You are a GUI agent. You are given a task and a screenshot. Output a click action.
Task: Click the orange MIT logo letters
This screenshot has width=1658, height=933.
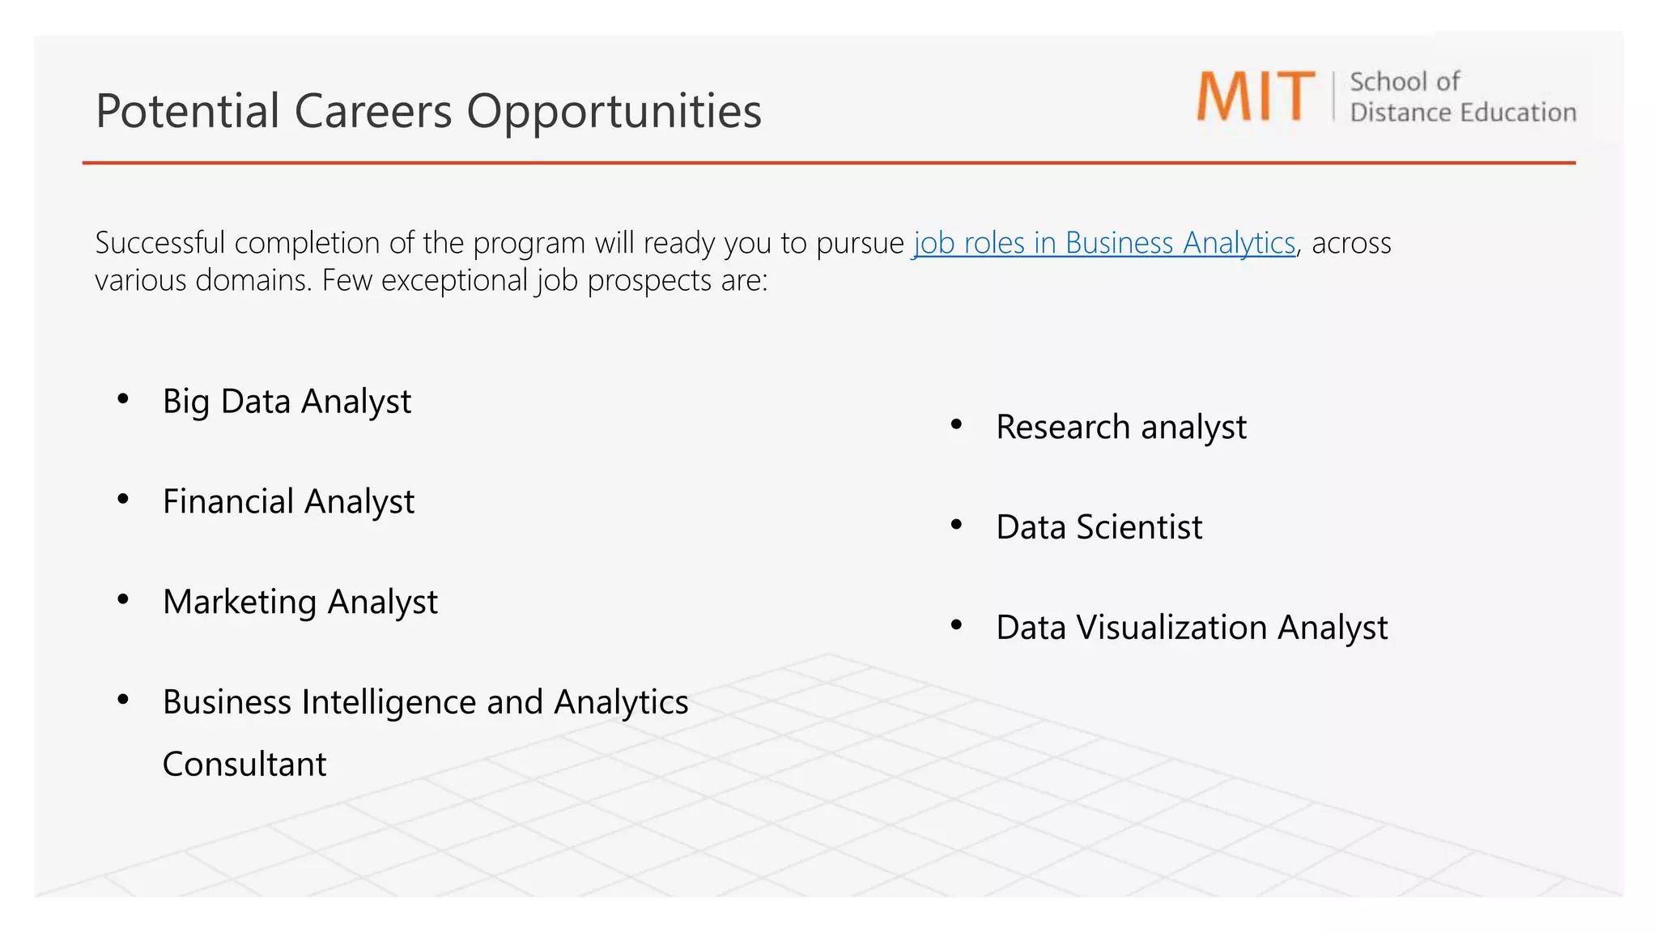point(1255,96)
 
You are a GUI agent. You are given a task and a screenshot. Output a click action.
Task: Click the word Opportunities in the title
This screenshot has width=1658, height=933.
point(614,111)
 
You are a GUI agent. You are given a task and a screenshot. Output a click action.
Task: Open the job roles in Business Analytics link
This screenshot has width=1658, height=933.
point(1104,243)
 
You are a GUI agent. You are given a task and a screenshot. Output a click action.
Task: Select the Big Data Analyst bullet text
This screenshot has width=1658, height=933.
point(287,402)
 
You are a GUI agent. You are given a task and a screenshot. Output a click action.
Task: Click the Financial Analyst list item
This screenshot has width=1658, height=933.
point(288,502)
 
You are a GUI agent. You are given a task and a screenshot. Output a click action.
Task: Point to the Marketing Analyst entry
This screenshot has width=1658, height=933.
point(300,603)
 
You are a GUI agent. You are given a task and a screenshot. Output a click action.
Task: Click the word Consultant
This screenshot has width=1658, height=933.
point(244,765)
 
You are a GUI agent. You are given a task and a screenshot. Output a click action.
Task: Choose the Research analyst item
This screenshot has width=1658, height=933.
point(1120,428)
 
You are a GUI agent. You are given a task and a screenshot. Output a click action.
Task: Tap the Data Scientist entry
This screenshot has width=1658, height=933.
point(1099,527)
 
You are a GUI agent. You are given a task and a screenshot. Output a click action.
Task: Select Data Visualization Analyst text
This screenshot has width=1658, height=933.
point(1192,628)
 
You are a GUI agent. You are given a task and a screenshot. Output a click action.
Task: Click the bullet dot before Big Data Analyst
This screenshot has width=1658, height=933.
point(123,398)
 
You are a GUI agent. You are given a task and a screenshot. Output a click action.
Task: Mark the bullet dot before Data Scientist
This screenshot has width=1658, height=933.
point(956,525)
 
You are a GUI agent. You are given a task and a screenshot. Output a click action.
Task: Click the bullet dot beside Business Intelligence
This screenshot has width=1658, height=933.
point(123,700)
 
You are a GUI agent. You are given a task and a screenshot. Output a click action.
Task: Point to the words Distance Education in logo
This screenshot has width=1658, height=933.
point(1463,113)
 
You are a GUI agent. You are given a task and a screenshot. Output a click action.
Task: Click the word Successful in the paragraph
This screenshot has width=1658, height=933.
point(159,243)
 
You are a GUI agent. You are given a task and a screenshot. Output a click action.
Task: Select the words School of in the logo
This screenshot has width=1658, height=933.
point(1405,82)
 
